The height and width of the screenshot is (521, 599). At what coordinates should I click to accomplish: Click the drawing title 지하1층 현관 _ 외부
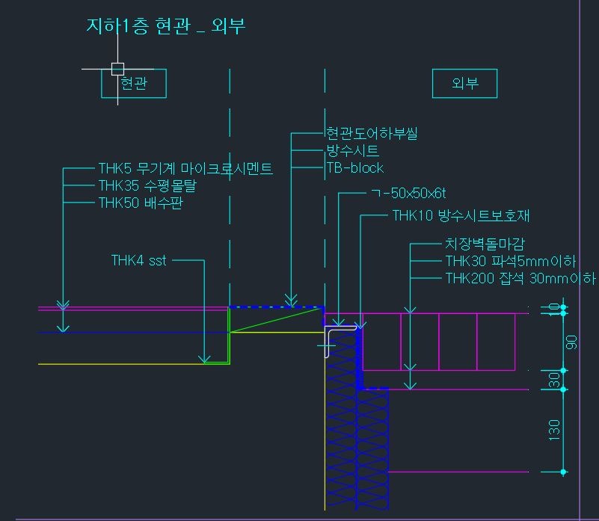coord(165,26)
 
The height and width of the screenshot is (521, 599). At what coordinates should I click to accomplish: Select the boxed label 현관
coord(134,83)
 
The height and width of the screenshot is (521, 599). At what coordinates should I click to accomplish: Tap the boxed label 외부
coord(464,83)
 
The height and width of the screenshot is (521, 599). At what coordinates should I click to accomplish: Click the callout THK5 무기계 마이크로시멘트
coord(185,168)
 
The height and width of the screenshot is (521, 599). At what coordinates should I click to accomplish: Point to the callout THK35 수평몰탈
coord(147,185)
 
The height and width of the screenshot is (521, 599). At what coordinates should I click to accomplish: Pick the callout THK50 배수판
coord(141,203)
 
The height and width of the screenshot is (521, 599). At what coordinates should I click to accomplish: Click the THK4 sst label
coord(138,260)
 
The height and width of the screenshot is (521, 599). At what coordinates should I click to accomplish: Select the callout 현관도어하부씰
coord(372,133)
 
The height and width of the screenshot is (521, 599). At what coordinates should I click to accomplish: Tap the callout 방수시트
coord(352,150)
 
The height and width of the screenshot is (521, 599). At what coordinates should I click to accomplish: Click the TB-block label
coord(355,167)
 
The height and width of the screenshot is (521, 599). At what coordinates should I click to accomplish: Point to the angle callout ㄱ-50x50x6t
coord(409,194)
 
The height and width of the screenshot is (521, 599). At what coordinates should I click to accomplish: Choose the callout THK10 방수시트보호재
coord(461,216)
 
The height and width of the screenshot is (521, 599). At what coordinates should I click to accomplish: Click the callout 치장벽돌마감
coord(485,244)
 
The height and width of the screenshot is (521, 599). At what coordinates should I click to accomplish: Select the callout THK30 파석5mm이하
coord(511,262)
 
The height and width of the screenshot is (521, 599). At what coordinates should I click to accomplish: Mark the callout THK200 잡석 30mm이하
coord(520,279)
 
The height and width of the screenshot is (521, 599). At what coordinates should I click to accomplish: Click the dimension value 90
coord(571,342)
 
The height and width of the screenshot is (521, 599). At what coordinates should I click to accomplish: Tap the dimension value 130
coord(554,431)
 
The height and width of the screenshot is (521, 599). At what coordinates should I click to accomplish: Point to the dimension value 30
coord(554,380)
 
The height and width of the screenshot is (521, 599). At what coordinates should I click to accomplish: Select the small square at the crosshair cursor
coord(117,69)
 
